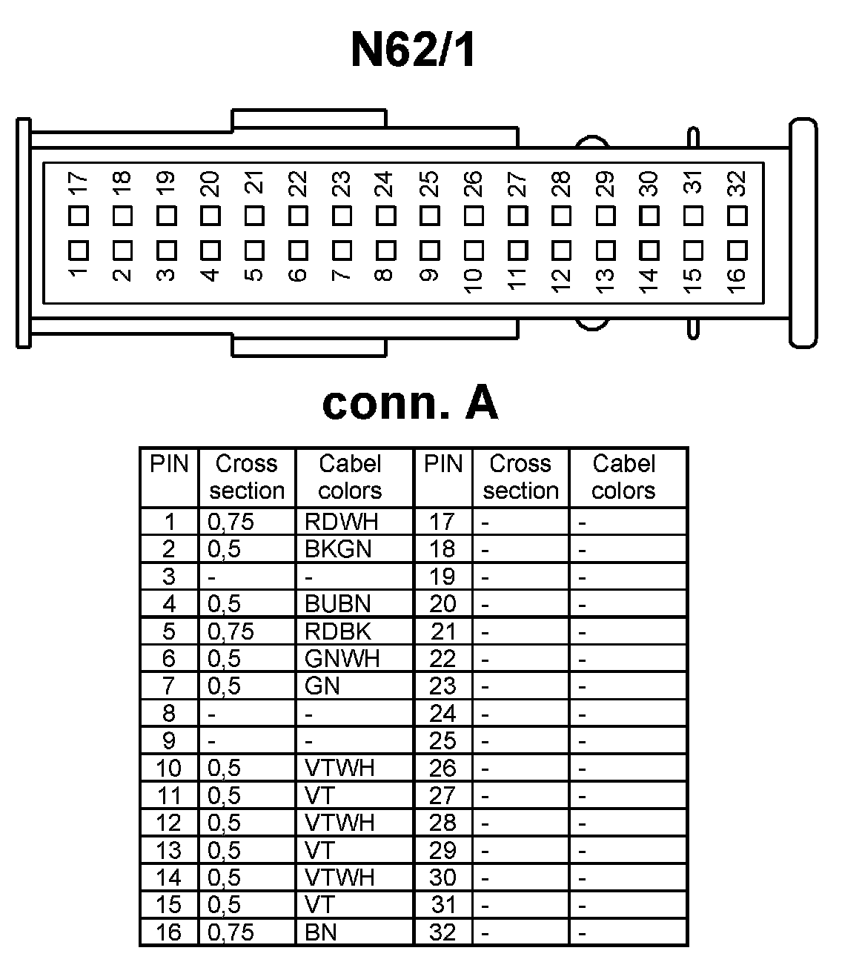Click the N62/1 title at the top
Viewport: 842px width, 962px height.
(x=412, y=50)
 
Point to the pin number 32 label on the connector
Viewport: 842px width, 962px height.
(x=735, y=182)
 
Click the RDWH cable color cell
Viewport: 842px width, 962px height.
(x=341, y=522)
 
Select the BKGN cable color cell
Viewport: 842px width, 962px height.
(x=338, y=549)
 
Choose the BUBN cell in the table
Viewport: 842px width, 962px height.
(x=337, y=604)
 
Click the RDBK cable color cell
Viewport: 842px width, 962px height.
(x=337, y=631)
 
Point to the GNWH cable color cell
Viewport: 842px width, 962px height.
(x=342, y=659)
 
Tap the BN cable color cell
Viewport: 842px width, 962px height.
(x=321, y=932)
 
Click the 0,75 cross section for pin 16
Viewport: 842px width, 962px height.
(x=231, y=932)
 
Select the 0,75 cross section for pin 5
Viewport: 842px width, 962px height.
(x=231, y=631)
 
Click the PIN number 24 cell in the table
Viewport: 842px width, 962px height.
(x=442, y=714)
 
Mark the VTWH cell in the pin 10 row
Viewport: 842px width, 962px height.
(x=339, y=769)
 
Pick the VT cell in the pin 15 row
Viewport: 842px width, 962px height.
(x=319, y=905)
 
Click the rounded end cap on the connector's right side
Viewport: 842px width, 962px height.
(x=803, y=233)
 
